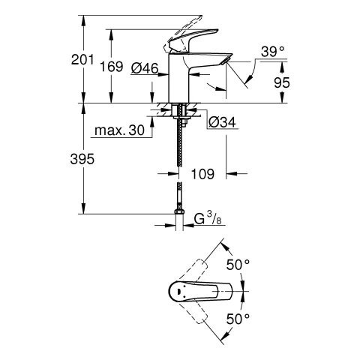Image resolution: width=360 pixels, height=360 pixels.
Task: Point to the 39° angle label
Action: coord(272,52)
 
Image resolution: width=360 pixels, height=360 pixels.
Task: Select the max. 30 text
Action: coord(119,131)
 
